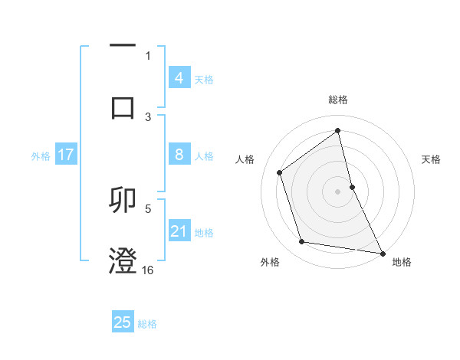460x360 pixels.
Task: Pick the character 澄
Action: tap(123, 261)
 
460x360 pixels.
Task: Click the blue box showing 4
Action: tap(179, 78)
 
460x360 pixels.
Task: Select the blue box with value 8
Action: tap(179, 155)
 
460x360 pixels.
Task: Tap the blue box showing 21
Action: tap(179, 231)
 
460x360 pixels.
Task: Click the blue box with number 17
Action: tap(66, 155)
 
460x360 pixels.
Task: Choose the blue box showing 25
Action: tap(123, 322)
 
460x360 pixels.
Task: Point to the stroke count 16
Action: tap(148, 270)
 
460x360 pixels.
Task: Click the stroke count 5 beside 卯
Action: tap(148, 208)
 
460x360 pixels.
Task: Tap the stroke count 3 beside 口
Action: tap(148, 116)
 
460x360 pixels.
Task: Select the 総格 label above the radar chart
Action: tap(338, 100)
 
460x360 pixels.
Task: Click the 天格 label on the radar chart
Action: tap(432, 159)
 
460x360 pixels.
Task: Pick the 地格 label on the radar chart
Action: tap(402, 262)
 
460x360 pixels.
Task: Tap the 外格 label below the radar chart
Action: tap(270, 262)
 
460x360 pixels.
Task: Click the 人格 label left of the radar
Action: tap(245, 159)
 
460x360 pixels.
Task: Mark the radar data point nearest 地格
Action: tap(381, 253)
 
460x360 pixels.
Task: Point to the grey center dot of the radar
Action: tap(338, 191)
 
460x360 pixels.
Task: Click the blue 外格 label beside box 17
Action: tap(41, 155)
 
